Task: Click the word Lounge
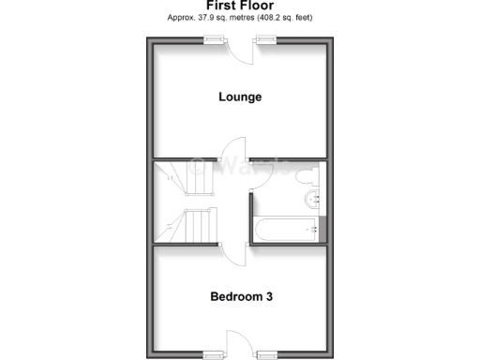240,97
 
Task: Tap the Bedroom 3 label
241,297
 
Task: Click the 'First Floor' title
240,6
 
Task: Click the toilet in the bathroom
307,175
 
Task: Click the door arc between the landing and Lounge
232,174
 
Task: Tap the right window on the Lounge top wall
266,39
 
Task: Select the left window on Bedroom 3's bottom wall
215,354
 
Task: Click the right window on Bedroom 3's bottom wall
266,354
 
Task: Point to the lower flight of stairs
199,226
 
